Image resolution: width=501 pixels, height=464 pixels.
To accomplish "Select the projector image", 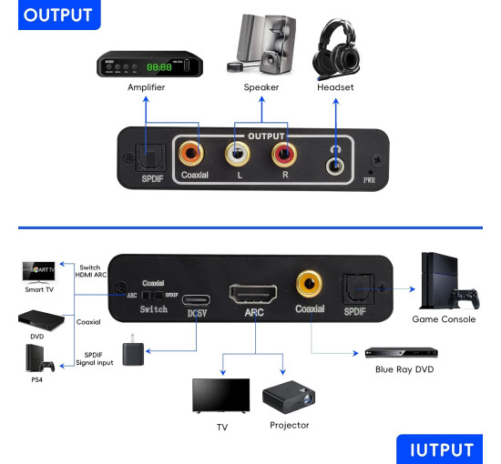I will [x=288, y=398].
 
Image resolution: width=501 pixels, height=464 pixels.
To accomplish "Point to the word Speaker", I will [x=261, y=87].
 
